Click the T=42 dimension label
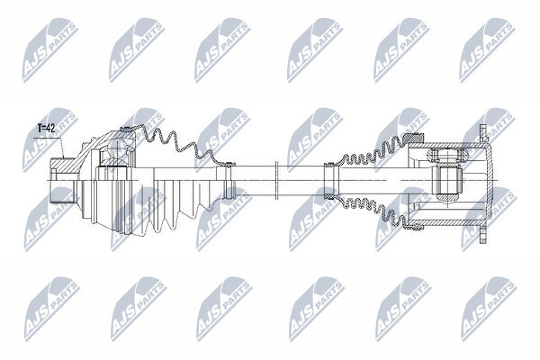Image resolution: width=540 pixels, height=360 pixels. (x=46, y=129)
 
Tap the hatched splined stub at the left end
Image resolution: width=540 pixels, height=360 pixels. (x=63, y=165)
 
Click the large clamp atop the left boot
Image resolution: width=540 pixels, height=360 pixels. (x=126, y=130)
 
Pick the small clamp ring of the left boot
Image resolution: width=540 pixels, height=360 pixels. (x=229, y=180)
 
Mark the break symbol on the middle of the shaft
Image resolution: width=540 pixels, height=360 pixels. (x=276, y=180)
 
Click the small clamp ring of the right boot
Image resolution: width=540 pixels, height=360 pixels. (x=330, y=181)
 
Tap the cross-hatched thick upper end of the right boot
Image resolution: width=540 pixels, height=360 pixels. (x=416, y=138)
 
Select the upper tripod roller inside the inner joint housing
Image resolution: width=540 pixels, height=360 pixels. (x=446, y=155)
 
